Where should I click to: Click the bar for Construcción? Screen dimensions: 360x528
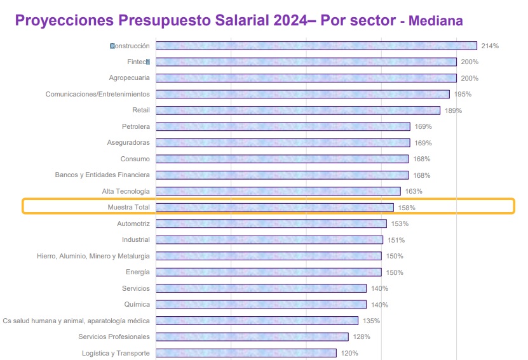coord(316,46)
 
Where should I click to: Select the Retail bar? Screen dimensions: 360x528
coord(297,110)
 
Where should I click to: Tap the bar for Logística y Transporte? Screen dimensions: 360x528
coord(245,353)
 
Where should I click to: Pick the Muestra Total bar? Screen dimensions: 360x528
coord(274,207)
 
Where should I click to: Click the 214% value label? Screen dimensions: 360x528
coord(490,46)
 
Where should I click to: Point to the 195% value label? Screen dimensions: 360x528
coord(463,95)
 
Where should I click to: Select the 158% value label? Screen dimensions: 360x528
coord(407,208)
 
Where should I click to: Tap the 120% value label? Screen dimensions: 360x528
coord(349,353)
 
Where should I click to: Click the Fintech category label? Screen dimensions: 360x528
coord(138,62)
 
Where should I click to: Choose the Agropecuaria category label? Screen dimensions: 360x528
coord(130,78)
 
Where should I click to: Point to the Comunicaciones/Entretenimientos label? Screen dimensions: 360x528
coord(98,95)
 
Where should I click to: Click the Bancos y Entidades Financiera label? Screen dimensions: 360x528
coord(102,175)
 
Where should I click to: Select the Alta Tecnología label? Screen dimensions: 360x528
coord(126,191)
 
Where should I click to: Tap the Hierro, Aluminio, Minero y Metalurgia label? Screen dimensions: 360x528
coord(93,256)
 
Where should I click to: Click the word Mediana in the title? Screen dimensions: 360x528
coord(436,22)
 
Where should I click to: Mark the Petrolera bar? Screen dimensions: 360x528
coord(283,126)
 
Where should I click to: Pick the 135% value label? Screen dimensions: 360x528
coord(371,321)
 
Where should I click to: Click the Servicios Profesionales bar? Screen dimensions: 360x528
coord(252,337)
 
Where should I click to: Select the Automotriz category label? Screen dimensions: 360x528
coord(133,223)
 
